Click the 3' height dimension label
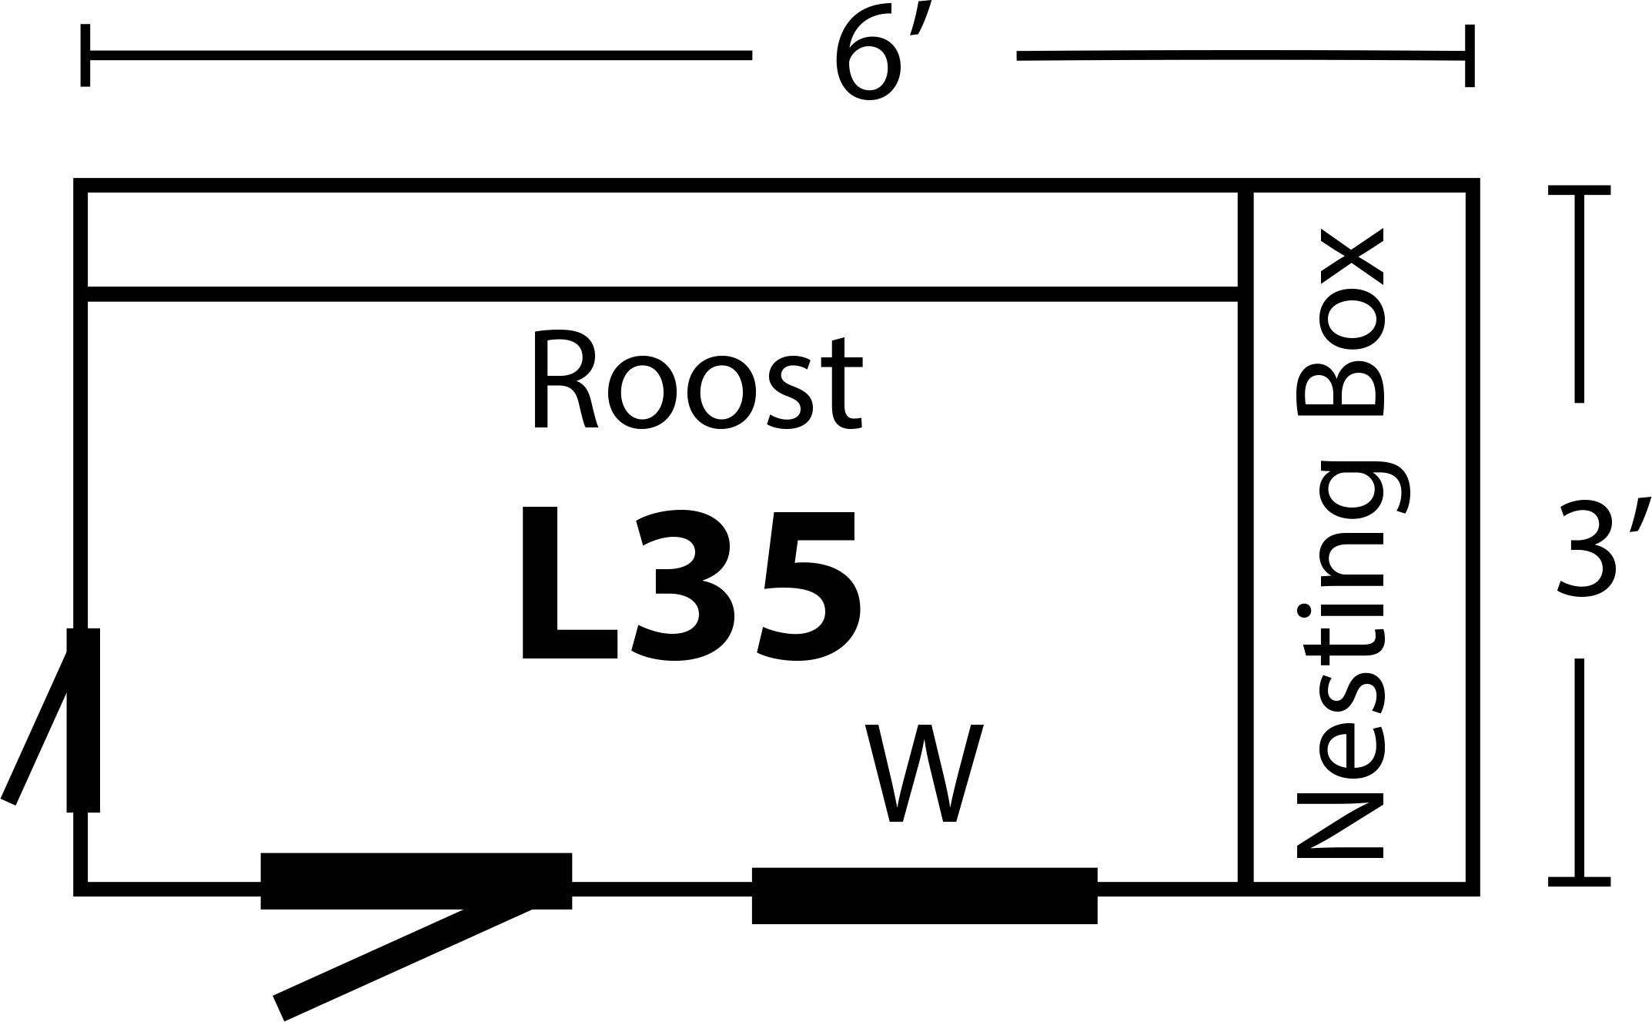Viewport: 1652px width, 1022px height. click(1601, 547)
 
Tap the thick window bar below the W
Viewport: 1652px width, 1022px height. click(924, 895)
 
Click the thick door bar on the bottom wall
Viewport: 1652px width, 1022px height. click(416, 880)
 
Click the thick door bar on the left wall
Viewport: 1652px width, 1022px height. click(83, 720)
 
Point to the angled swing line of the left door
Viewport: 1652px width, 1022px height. click(38, 724)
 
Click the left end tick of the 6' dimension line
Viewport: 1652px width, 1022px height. click(85, 55)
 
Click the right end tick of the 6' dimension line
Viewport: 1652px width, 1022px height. click(1470, 55)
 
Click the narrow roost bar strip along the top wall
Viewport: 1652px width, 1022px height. click(662, 240)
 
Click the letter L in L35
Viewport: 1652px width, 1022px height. click(566, 585)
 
